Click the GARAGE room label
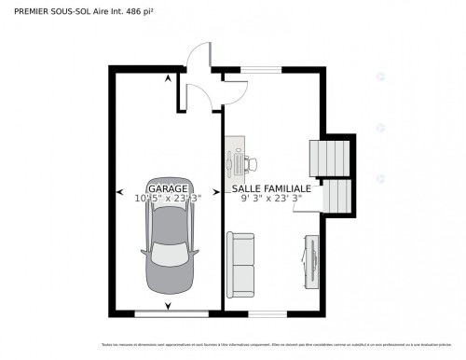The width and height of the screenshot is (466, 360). pyautogui.click(x=168, y=188)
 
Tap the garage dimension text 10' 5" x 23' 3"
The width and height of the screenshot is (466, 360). pyautogui.click(x=168, y=198)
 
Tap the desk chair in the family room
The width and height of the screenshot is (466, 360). pyautogui.click(x=252, y=164)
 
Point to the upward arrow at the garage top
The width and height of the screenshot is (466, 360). pyautogui.click(x=168, y=78)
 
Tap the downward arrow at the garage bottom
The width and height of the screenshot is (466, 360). pyautogui.click(x=168, y=306)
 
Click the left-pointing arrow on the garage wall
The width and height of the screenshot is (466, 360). pyautogui.click(x=119, y=193)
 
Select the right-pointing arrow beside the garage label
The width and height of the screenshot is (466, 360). pyautogui.click(x=218, y=193)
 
